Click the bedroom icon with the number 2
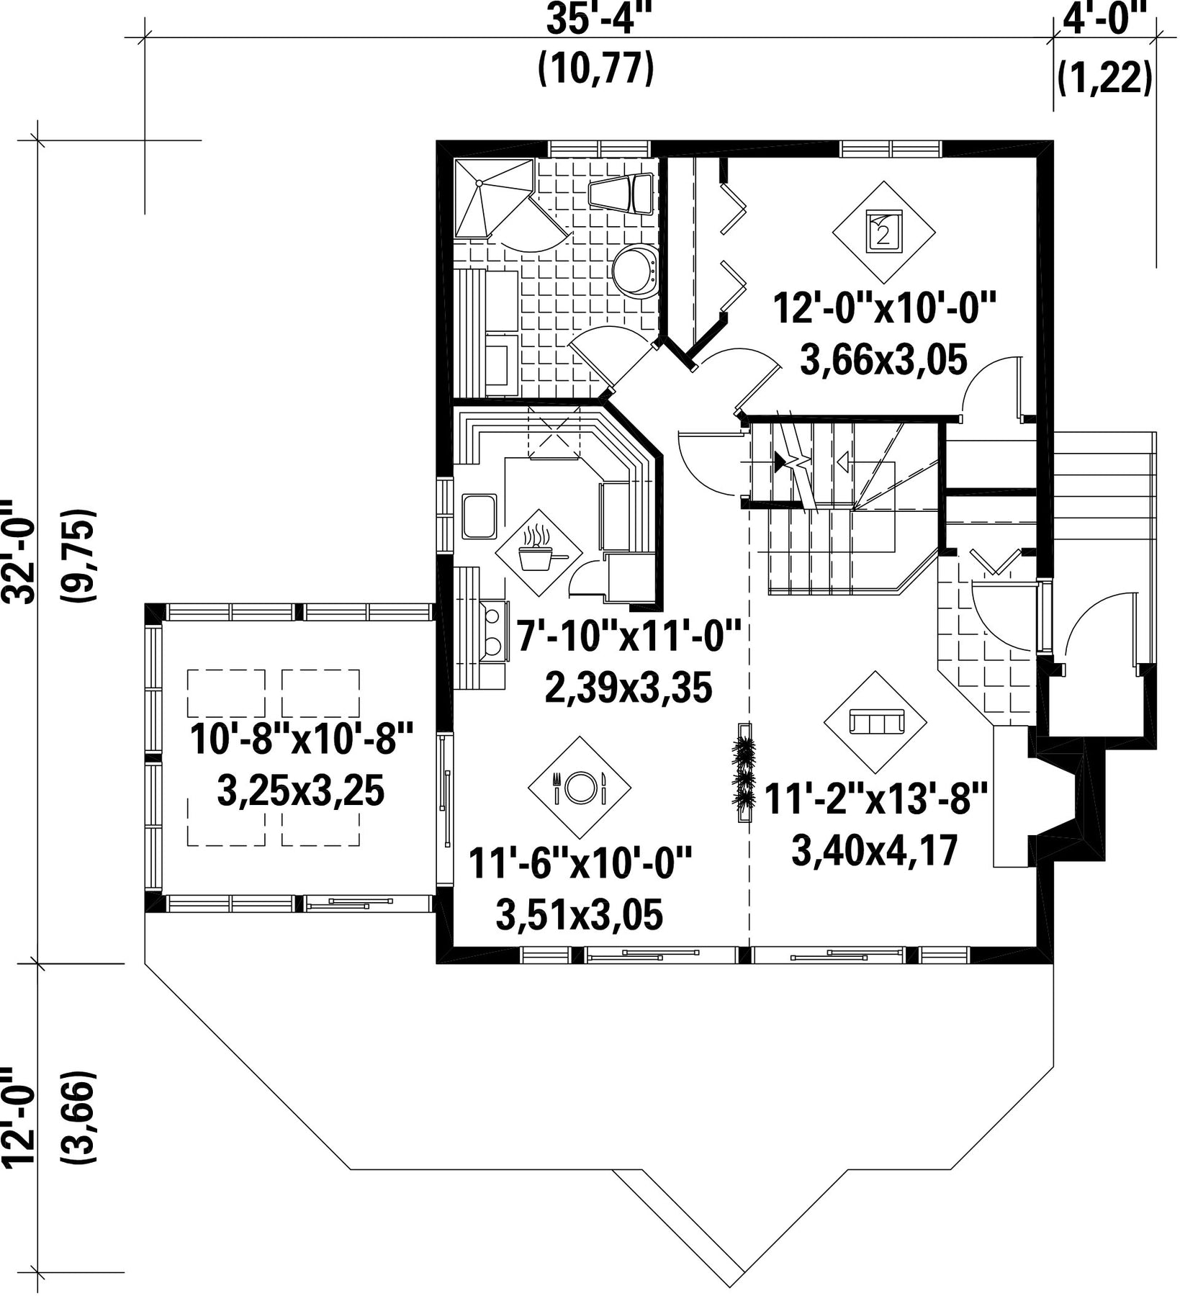(884, 232)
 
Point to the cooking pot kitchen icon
(539, 553)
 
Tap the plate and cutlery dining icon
(580, 788)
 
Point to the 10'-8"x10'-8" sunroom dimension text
(302, 739)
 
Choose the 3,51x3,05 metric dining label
(579, 915)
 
